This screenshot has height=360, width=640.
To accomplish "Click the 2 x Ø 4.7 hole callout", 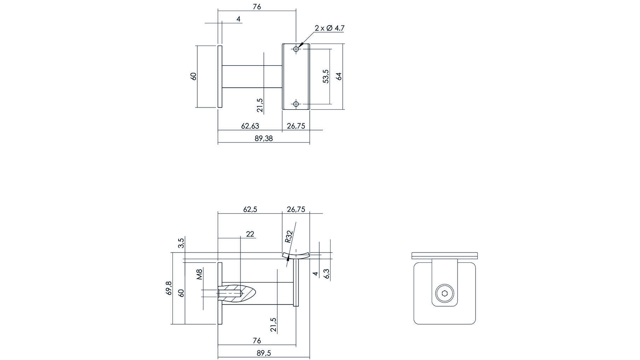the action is [329, 28].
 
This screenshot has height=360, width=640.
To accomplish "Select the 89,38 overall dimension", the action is [264, 139].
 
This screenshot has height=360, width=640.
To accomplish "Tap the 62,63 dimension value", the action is [250, 126].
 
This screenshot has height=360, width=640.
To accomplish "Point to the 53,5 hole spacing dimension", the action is [326, 76].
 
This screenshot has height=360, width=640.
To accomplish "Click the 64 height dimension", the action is [339, 76].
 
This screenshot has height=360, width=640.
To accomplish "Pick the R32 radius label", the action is [289, 237].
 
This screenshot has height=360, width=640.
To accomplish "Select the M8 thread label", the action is [199, 274].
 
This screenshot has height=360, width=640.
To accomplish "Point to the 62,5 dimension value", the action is [250, 209].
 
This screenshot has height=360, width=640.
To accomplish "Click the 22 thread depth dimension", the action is [250, 234].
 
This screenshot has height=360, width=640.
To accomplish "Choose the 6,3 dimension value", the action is [326, 274].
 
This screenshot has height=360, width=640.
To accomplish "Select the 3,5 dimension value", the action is [181, 243].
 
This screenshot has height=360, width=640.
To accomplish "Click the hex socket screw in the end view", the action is [444, 293].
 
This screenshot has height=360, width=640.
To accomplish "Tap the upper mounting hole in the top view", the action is [296, 49].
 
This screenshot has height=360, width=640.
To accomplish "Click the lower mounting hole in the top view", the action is [296, 104].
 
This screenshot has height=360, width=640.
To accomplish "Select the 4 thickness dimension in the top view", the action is [239, 19].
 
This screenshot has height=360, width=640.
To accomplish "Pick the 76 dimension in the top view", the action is [257, 7].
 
